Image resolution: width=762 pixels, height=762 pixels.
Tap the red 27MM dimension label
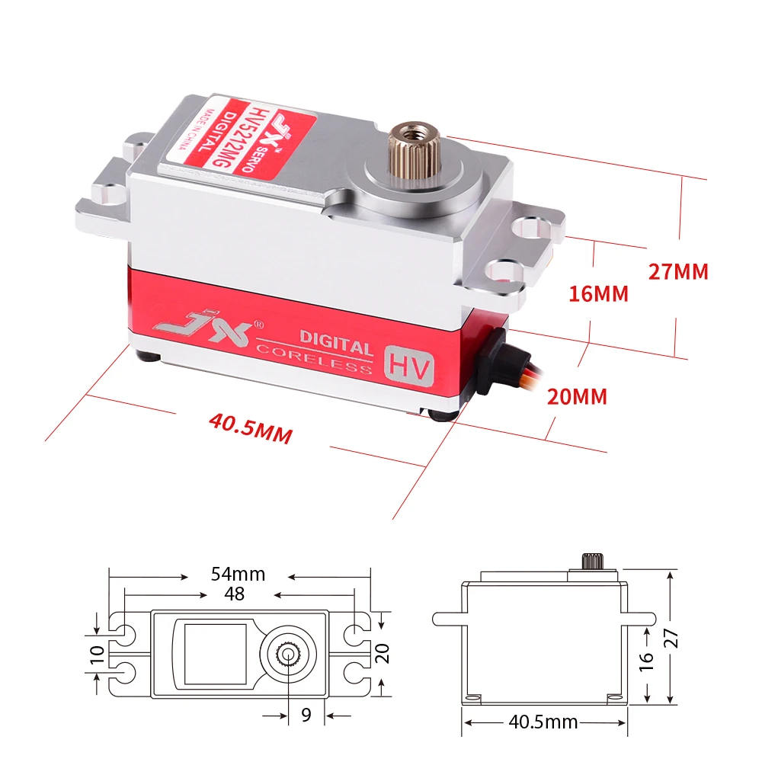pos(678,271)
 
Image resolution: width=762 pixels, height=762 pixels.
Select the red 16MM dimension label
pos(599,293)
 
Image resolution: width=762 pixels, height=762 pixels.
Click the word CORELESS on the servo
pos(314,359)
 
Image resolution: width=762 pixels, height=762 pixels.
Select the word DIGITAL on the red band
pos(336,340)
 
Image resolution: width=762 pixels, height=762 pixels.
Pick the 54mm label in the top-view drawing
pos(239,574)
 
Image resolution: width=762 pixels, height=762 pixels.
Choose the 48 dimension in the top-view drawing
pos(236,593)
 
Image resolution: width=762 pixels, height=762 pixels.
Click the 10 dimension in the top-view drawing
pos(97,653)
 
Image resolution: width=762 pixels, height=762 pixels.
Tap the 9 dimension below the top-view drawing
pos(306,715)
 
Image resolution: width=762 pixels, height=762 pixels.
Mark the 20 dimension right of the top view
pos(383,653)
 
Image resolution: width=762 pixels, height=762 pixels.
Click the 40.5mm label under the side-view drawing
pos(543,722)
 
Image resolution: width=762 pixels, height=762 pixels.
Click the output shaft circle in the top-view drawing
pos(289,653)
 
